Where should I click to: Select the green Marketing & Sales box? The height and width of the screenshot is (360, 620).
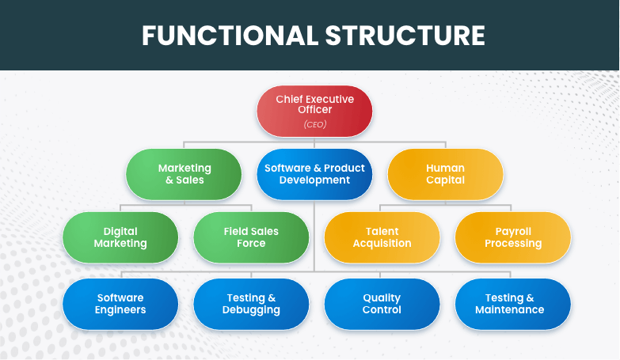[x=184, y=174]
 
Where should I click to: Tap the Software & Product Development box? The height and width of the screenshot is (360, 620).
[x=314, y=174]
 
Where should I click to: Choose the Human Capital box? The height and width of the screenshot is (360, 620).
[x=445, y=174]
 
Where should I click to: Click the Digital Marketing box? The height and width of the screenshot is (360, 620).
[x=120, y=237]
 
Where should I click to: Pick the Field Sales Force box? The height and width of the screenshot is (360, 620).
[x=251, y=237]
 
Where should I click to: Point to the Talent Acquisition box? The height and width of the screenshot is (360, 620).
[x=382, y=237]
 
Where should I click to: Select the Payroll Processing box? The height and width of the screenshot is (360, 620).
[x=512, y=237]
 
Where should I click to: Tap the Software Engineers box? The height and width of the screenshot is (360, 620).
[x=120, y=304]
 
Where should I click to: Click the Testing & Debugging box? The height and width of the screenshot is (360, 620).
[x=251, y=304]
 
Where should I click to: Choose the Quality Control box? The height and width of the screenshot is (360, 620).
[x=382, y=304]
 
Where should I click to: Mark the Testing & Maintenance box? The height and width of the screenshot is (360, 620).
[x=512, y=304]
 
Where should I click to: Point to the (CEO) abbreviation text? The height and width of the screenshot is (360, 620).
[x=314, y=124]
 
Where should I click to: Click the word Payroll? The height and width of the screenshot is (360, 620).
[x=512, y=232]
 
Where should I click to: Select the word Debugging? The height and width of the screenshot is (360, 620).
[x=251, y=310]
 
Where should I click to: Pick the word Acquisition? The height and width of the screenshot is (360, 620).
[x=382, y=244]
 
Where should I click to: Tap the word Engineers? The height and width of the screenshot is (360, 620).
[x=120, y=310]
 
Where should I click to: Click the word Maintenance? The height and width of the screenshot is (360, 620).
[x=512, y=310]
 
